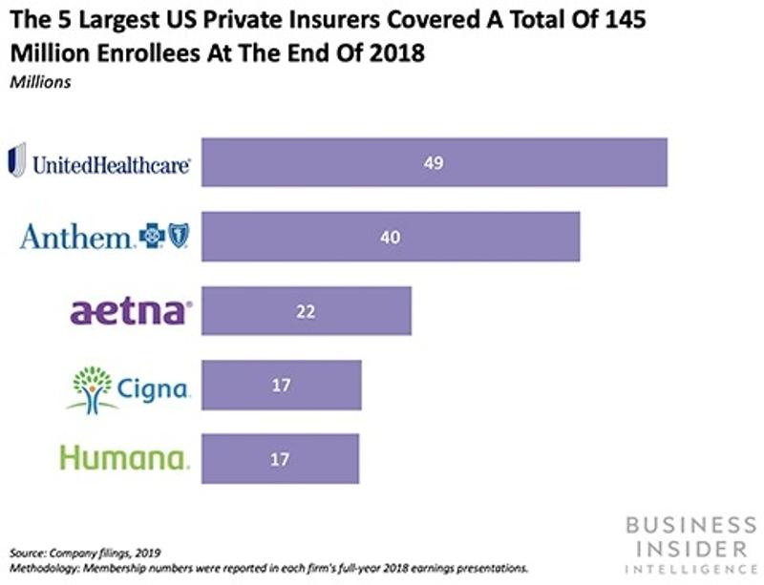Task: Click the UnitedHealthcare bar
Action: coord(435,162)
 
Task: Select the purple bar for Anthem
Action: coord(391,236)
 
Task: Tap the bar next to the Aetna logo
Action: coord(307,310)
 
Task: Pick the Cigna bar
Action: coord(282,385)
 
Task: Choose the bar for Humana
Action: coord(281,458)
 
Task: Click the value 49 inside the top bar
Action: coord(435,162)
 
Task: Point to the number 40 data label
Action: coord(390,237)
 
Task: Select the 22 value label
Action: coord(306,311)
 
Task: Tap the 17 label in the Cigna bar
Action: coord(281,386)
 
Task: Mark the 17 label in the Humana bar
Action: coord(281,459)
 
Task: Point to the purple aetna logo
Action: coord(131,311)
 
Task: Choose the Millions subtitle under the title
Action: coord(39,82)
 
